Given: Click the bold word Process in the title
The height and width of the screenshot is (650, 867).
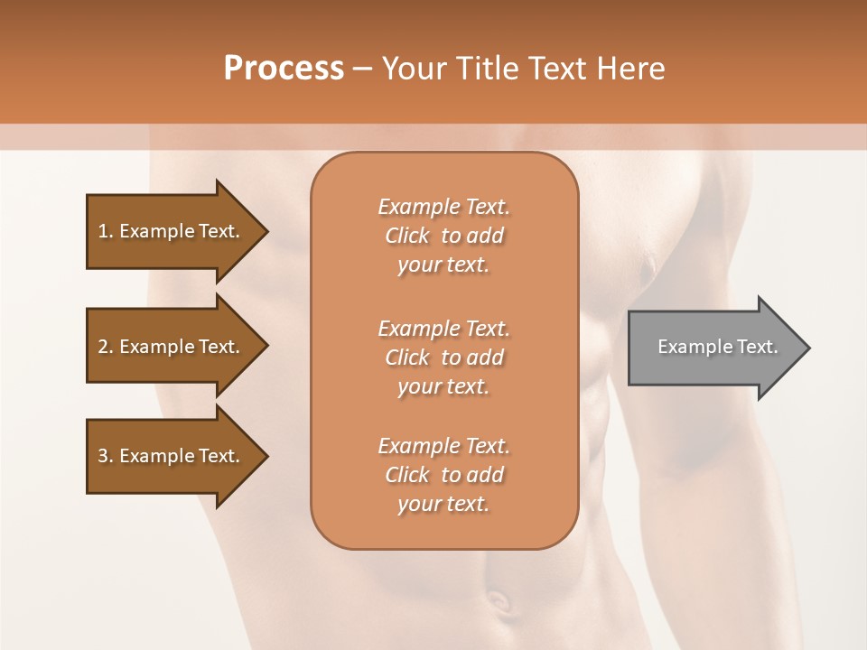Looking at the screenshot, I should tap(284, 68).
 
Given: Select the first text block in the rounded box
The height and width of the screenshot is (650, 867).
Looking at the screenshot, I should tap(443, 236).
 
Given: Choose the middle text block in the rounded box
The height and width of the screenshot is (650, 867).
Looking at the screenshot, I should tap(443, 357).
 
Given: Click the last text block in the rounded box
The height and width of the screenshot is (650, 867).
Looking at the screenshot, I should tap(443, 475).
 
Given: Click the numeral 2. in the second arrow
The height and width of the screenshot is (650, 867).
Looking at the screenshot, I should tap(106, 347).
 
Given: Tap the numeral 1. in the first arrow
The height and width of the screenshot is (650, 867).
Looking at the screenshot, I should tap(106, 231).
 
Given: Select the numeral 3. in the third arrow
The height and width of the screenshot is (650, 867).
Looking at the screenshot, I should tap(106, 456).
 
